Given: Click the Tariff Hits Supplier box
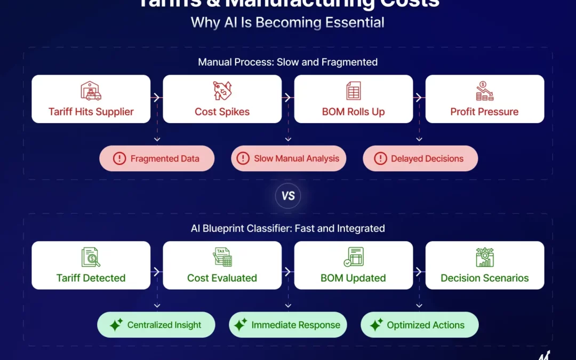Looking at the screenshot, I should pos(91,99).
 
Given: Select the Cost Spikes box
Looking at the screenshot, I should pos(222,99).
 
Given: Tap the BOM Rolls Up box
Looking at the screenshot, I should pos(353,99).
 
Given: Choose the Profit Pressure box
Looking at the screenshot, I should pos(484,99).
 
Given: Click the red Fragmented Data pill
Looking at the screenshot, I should pos(157,158).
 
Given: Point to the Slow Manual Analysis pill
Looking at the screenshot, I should pos(288,158).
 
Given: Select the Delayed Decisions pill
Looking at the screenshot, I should pos(420,158).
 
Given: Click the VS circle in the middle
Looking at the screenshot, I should pos(288,196).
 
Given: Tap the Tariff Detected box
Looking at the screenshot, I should pos(91,266).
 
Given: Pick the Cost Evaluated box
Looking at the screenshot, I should pos(222,266).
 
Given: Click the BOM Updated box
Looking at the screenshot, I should pos(353,266).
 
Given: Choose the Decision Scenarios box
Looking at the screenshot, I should pos(484,266).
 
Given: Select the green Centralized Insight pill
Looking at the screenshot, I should pos(156,325).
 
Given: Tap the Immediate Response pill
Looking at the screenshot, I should pos(288,325).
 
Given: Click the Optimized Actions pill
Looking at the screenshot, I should pos(419,325).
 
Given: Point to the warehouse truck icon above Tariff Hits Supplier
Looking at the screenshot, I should pos(91,91).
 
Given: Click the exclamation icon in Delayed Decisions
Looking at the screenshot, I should pos(380,158).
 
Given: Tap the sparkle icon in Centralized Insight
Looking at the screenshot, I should pos(116,325).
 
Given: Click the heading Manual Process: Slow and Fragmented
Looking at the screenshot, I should pos(287,62).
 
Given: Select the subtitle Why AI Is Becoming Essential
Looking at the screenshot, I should pos(287,22).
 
